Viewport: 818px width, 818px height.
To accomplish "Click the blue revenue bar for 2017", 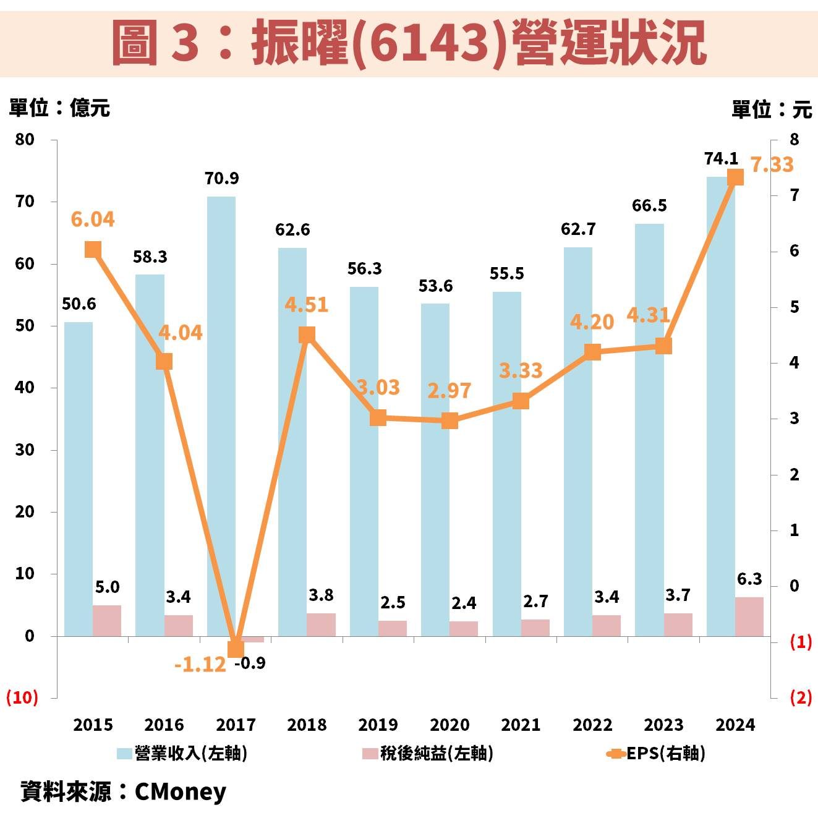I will point(221,414).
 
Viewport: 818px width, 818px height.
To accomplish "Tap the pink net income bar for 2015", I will point(107,620).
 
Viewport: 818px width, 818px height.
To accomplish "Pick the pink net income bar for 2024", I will point(749,616).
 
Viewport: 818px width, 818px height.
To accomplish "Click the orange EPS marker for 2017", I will point(236,649).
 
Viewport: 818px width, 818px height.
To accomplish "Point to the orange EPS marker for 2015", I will point(93,250).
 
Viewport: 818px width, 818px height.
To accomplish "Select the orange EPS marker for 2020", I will point(449,421).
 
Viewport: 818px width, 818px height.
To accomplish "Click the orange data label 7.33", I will point(772,165).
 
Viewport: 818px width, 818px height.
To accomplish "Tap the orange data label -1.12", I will point(200,665).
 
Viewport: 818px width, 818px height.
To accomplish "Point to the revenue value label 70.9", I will point(221,179).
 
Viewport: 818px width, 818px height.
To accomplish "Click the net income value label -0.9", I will point(250,663).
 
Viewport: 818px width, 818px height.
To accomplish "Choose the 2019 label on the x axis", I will point(378,725).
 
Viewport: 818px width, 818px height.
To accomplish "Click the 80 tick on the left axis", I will point(25,140).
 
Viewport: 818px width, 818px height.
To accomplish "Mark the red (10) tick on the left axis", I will point(22,697).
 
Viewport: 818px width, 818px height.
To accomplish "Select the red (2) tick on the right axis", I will point(801,697).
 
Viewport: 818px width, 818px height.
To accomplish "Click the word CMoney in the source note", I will point(181,791).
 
